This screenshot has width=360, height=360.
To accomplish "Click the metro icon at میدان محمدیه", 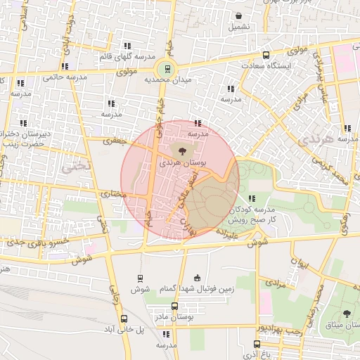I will coord(167,68).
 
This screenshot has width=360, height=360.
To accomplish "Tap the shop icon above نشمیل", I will coord(238,15).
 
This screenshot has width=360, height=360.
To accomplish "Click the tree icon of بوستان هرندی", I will coord(183,150).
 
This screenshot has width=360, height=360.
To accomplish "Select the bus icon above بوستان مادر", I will coord(175,307).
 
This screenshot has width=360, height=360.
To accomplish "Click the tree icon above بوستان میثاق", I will coord(346,314).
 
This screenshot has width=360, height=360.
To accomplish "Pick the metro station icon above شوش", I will coord(140,278).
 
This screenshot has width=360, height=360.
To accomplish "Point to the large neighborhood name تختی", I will coord(72,167).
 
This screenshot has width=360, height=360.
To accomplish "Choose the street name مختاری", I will coord(113,193).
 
